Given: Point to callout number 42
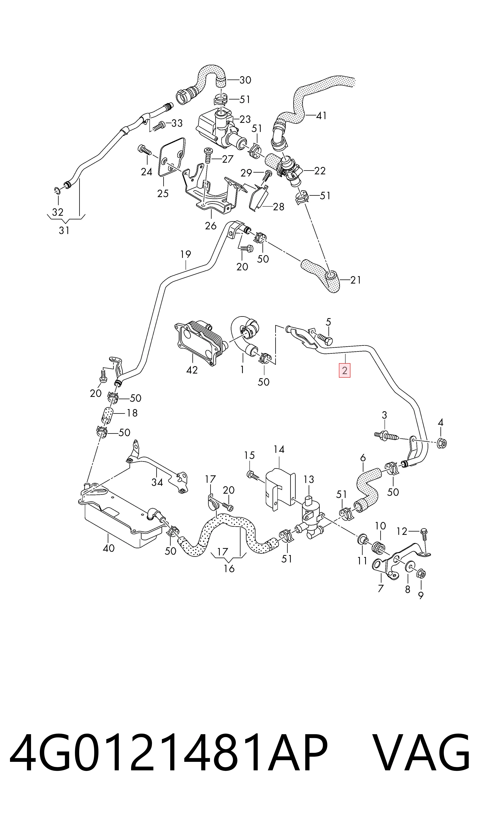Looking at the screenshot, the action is point(192,370).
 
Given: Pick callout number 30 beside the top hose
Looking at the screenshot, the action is point(245,80).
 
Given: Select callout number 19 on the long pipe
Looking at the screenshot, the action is point(186,254).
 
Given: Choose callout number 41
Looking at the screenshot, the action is point(321,115).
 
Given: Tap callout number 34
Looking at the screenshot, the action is point(157,482).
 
